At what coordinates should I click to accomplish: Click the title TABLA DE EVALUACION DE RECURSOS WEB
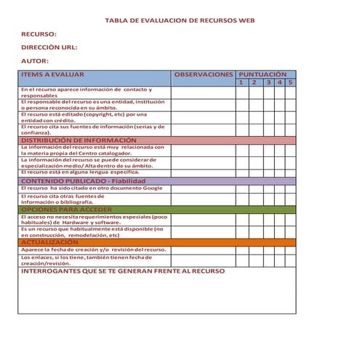click(x=180, y=22)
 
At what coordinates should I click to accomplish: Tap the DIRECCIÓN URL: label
click(x=49, y=48)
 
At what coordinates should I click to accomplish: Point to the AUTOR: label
click(x=35, y=61)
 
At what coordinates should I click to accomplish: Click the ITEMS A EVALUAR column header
click(x=53, y=74)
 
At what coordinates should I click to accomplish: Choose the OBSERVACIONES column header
click(x=204, y=74)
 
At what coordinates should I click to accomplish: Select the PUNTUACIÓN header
click(x=263, y=74)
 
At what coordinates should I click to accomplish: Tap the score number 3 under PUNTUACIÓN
click(x=268, y=82)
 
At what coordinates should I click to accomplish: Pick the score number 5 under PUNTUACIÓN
click(x=290, y=82)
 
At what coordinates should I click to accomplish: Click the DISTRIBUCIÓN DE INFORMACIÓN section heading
click(x=79, y=140)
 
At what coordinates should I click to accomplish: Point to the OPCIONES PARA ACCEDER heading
click(x=66, y=209)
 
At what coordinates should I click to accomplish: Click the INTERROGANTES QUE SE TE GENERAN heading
click(x=123, y=271)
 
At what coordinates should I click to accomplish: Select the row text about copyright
click(x=85, y=118)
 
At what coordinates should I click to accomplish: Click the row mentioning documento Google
click(x=92, y=188)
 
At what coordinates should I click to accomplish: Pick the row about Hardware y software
click(x=94, y=219)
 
